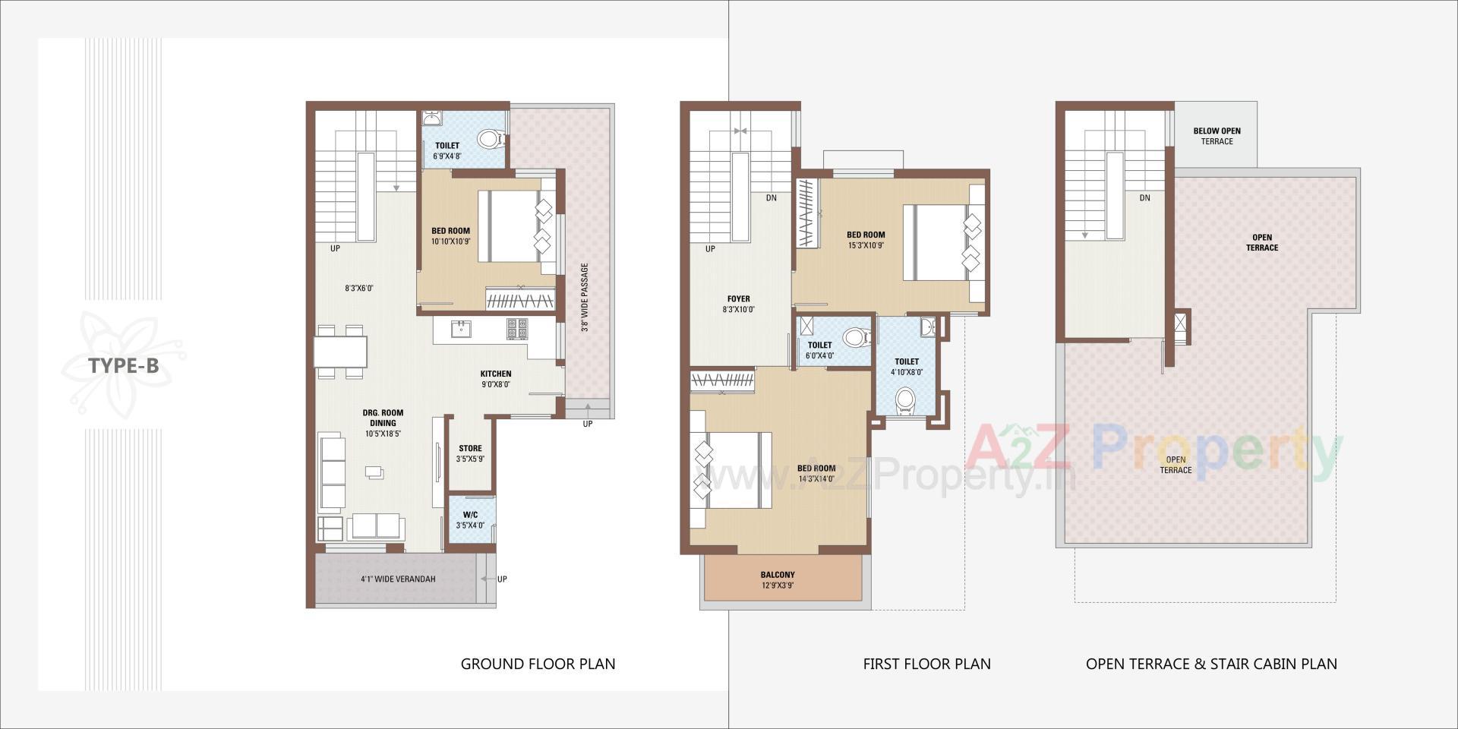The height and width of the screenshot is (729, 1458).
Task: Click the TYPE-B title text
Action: (x=124, y=366)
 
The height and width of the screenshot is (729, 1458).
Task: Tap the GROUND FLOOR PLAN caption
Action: (x=538, y=664)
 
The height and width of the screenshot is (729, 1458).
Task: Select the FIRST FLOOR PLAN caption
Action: (x=926, y=664)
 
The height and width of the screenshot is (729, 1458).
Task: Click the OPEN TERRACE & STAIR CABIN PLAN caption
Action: (x=1211, y=664)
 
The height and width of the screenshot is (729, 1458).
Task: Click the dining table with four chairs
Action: (x=340, y=352)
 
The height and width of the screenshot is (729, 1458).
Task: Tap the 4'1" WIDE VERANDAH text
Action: (x=398, y=579)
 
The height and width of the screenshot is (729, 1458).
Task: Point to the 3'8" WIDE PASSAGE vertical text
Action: (x=585, y=298)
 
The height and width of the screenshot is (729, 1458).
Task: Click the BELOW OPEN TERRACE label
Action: (x=1217, y=136)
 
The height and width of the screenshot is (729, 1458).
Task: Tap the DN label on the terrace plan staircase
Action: (x=1144, y=198)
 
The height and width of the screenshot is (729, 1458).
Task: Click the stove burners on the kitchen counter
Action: (x=517, y=328)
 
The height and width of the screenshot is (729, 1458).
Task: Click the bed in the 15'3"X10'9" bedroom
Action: (x=940, y=243)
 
